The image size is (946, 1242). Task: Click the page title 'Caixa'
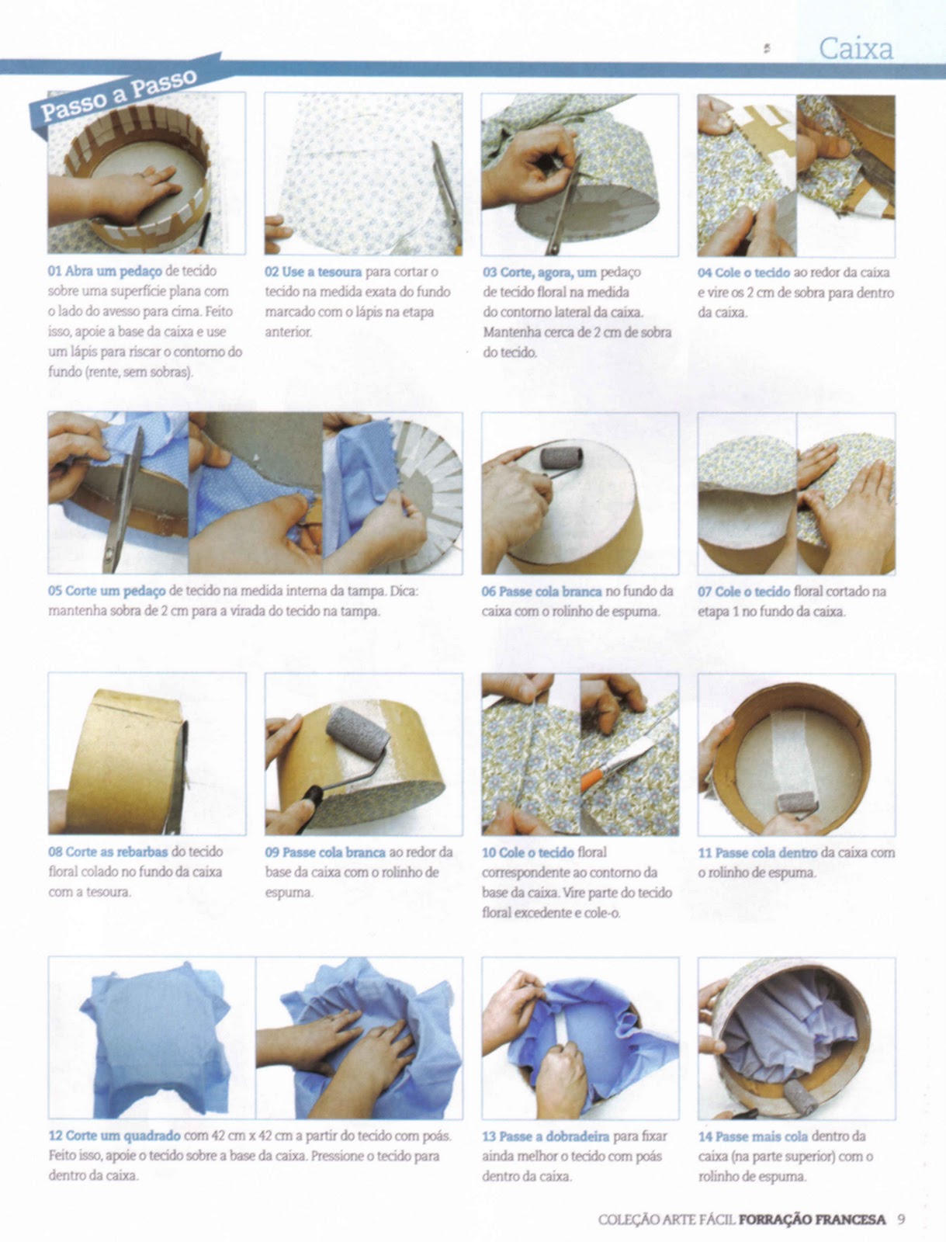pyautogui.click(x=856, y=49)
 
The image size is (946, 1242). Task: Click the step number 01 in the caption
pyautogui.click(x=55, y=271)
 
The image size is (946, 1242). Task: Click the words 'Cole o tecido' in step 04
pyautogui.click(x=752, y=272)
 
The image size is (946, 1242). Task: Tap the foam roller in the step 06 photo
pyautogui.click(x=561, y=458)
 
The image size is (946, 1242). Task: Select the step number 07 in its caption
pyautogui.click(x=705, y=592)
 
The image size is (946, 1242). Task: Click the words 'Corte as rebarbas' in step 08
pyautogui.click(x=117, y=852)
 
